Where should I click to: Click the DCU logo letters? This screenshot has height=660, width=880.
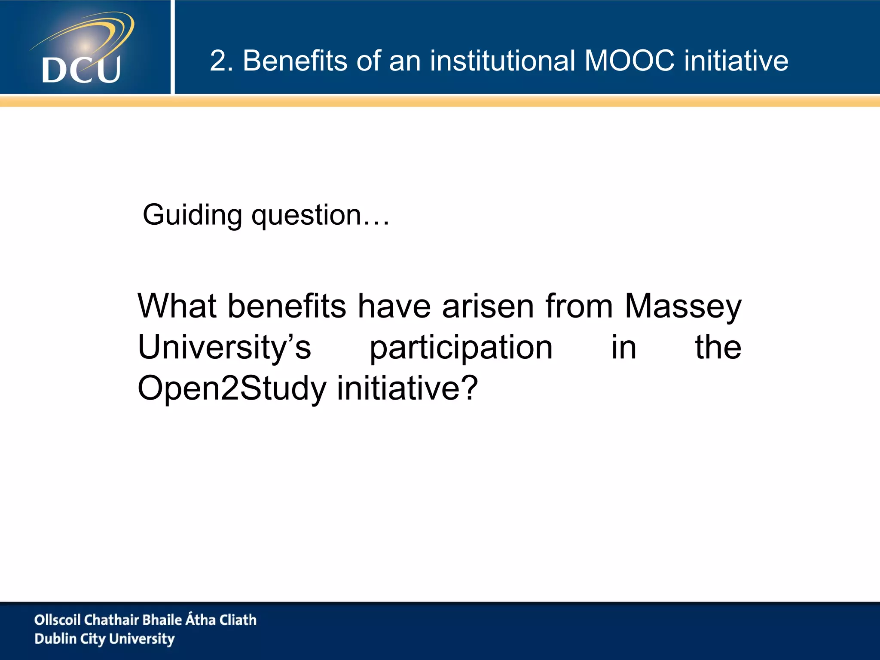click(81, 70)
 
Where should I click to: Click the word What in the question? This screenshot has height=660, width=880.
click(177, 306)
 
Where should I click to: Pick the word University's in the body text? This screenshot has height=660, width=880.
click(224, 347)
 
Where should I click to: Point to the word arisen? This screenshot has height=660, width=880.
click(488, 306)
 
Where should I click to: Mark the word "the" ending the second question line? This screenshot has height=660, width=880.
click(718, 347)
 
